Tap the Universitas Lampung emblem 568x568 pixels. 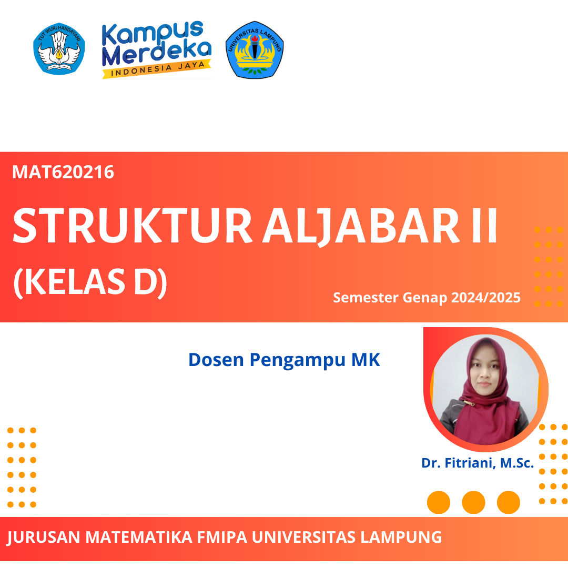point(255,50)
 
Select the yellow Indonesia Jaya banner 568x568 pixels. point(156,69)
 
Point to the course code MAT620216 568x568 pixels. point(63,172)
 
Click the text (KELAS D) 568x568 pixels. point(90,283)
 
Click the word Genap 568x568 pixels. point(423,298)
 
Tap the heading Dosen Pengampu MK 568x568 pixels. point(284,360)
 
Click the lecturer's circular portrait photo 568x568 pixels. point(485,389)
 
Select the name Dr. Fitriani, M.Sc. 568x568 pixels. point(478,463)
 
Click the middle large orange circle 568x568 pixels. point(473,502)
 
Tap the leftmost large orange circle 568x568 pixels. point(439,502)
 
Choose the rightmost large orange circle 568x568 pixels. point(509,502)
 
